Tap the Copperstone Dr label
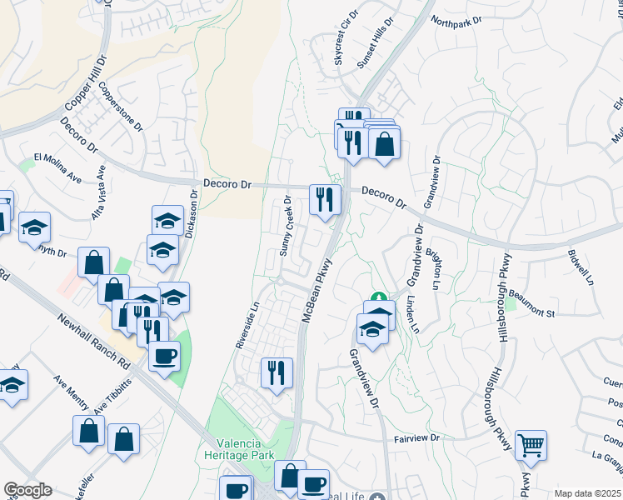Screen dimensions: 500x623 pyautogui.click(x=121, y=106)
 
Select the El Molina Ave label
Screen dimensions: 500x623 pyautogui.click(x=57, y=167)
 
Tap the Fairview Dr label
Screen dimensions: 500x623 pyautogui.click(x=416, y=437)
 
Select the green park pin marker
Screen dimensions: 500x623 pyautogui.click(x=378, y=297)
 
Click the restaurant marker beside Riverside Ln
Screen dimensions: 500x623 pyautogui.click(x=277, y=372)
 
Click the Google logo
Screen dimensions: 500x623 pyautogui.click(x=28, y=490)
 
